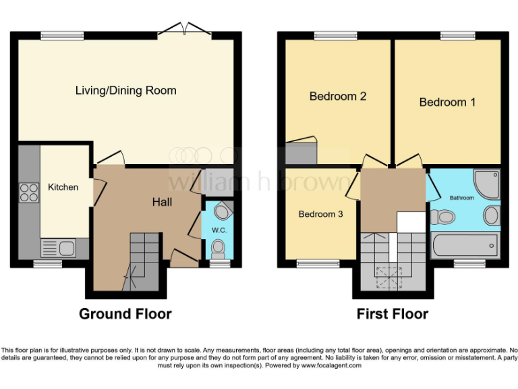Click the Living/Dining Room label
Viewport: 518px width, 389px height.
click(126, 90)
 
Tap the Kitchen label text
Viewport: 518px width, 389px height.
click(63, 187)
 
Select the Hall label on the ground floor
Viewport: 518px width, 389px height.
click(162, 202)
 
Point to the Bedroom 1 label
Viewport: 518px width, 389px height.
click(447, 103)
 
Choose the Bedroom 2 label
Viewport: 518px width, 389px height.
click(337, 97)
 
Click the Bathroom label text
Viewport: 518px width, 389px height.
click(462, 198)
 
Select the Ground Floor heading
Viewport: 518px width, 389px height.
click(125, 314)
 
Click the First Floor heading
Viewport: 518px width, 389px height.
click(393, 314)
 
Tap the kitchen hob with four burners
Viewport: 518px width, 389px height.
click(29, 192)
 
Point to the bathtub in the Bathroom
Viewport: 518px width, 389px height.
click(463, 244)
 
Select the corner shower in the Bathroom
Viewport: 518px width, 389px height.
click(486, 182)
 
